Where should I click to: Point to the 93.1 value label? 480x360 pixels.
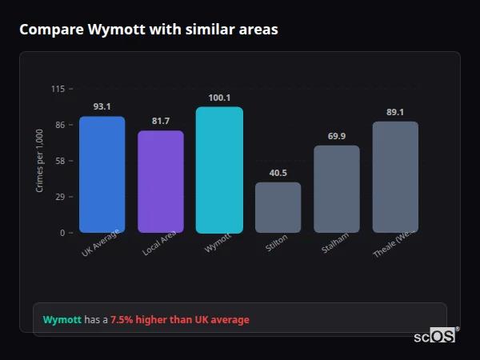coord(102,106)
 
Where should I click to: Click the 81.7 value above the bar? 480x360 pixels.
coord(160,121)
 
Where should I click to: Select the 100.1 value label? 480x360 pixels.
coord(219,98)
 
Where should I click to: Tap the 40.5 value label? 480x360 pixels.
coord(278,173)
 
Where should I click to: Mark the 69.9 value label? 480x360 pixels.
coord(337,136)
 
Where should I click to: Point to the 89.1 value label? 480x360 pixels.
coord(395,112)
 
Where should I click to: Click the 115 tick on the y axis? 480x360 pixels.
coord(58,89)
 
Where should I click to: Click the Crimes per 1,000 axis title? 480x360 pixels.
coord(40,161)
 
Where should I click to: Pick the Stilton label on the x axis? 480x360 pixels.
coord(277,244)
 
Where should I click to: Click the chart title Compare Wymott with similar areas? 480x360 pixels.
coord(149,30)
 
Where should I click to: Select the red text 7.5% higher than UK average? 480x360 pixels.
coord(180,320)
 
